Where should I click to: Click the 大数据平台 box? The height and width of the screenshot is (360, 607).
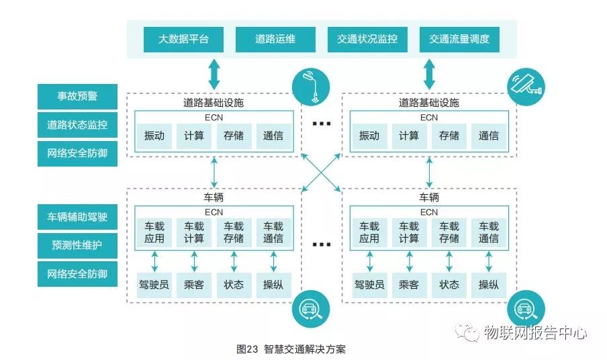click(x=183, y=39)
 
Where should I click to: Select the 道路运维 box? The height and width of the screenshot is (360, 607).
click(x=275, y=39)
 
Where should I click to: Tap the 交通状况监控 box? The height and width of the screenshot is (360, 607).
click(x=367, y=39)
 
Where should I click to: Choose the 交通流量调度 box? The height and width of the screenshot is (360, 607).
click(x=459, y=39)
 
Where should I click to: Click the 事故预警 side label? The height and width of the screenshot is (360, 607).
click(x=77, y=96)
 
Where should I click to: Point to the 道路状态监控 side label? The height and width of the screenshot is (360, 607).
click(x=77, y=125)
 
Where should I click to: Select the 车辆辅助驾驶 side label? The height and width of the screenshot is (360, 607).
click(x=77, y=217)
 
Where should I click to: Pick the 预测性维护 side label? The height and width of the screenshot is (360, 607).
click(x=77, y=245)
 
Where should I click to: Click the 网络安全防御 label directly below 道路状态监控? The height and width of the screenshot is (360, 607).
click(x=77, y=153)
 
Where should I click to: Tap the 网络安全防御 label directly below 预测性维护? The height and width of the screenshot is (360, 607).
click(x=77, y=274)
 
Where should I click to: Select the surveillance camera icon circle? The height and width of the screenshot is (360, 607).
click(x=525, y=85)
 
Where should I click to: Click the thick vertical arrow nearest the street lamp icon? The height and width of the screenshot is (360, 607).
click(x=214, y=73)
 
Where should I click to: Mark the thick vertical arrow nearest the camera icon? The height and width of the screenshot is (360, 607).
click(x=429, y=73)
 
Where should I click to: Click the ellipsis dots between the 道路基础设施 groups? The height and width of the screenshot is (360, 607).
click(x=322, y=124)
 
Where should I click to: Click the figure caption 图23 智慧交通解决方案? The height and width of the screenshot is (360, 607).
click(x=291, y=349)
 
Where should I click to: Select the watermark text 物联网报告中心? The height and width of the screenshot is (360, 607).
click(x=535, y=332)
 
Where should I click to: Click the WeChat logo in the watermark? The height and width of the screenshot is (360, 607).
click(x=467, y=331)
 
